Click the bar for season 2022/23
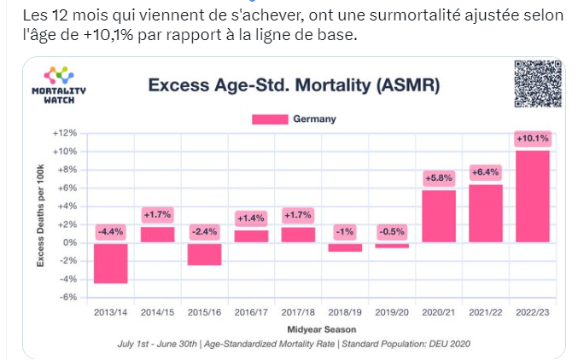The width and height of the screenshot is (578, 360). pos(533,196)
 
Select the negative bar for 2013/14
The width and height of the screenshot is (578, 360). pos(111,263)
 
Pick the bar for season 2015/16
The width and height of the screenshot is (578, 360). pos(205,253)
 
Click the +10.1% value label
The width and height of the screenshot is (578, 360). pos(533,138)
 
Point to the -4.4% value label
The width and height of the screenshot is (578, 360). pos(111,230)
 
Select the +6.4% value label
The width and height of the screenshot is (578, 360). pos(486,172)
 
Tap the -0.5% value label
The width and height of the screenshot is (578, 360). pos(392,230)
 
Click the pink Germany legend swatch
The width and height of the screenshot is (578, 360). pos(269,119)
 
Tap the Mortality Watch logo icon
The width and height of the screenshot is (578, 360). pos(59,76)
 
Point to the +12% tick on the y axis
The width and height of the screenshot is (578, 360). pos(65,133)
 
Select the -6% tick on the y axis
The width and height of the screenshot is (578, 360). pos(67,297)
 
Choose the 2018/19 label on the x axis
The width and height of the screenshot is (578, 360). pos(345,313)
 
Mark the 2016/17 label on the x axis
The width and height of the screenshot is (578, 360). pos(251,313)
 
